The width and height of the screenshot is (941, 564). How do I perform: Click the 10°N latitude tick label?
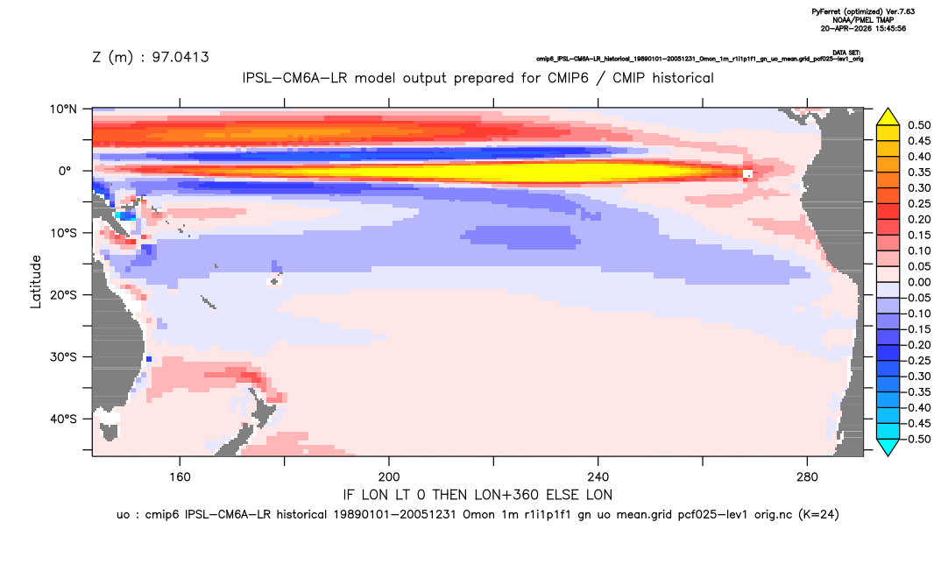pyautogui.click(x=63, y=109)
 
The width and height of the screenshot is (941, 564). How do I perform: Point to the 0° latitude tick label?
pyautogui.click(x=65, y=171)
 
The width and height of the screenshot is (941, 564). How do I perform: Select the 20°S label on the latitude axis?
pyautogui.click(x=63, y=295)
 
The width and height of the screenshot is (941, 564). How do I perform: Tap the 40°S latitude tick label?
pyautogui.click(x=63, y=419)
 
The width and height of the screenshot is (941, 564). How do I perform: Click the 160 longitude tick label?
pyautogui.click(x=180, y=477)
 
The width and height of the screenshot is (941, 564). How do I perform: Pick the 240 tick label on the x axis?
pyautogui.click(x=598, y=477)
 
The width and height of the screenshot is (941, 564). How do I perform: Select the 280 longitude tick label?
pyautogui.click(x=807, y=477)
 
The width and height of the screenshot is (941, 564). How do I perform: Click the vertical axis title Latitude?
pyautogui.click(x=36, y=282)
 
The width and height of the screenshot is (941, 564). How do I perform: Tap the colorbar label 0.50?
pyautogui.click(x=919, y=125)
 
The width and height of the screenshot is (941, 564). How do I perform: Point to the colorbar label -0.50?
pyautogui.click(x=916, y=439)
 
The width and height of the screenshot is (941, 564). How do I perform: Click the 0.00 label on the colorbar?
pyautogui.click(x=919, y=282)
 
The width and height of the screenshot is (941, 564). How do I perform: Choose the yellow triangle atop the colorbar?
pyautogui.click(x=888, y=117)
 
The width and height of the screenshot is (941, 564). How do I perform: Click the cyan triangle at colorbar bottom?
pyautogui.click(x=888, y=447)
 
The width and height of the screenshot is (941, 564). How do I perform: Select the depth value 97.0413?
pyautogui.click(x=180, y=58)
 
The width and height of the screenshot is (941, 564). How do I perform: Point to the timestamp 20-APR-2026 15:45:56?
pyautogui.click(x=863, y=28)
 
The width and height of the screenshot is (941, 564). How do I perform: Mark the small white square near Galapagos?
pyautogui.click(x=747, y=174)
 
